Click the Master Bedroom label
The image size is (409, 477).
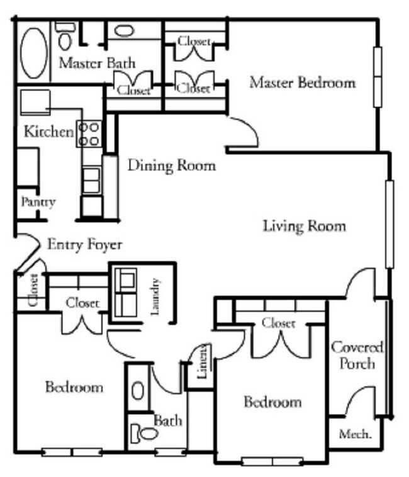point(302,82)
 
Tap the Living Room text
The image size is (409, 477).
point(304,225)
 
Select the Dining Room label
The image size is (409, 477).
point(171,166)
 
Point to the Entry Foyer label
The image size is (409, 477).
point(84,244)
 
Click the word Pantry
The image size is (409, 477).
point(38,202)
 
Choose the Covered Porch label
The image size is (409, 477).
point(357,356)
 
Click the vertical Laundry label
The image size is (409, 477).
point(157,292)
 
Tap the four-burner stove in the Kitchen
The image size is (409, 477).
point(89,134)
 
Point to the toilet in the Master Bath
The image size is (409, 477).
point(64,38)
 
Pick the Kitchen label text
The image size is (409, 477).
point(48,132)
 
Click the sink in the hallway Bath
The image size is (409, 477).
point(138,390)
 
